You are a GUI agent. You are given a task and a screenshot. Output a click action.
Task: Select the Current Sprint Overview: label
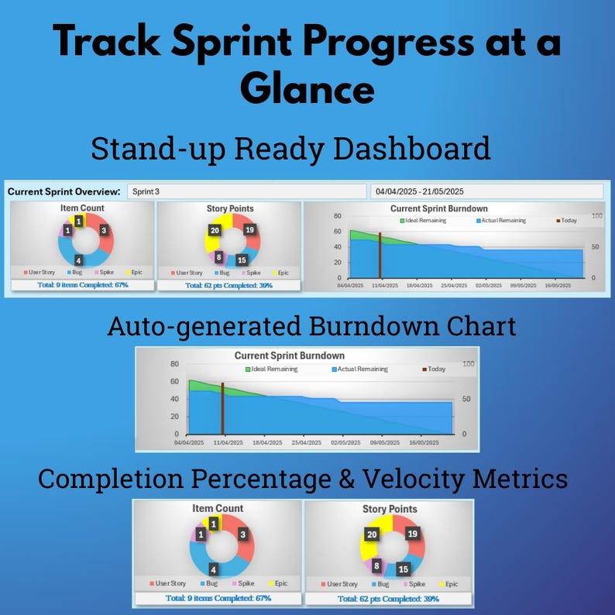pyautogui.click(x=64, y=191)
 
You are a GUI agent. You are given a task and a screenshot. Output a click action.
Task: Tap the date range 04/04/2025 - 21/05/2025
pyautogui.click(x=419, y=191)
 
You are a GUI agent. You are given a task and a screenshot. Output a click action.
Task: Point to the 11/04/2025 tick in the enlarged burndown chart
pyautogui.click(x=226, y=442)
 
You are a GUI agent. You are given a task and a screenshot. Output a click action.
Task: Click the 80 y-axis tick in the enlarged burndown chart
pyautogui.click(x=174, y=364)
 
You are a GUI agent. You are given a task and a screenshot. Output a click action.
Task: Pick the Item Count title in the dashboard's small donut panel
pyautogui.click(x=82, y=208)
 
